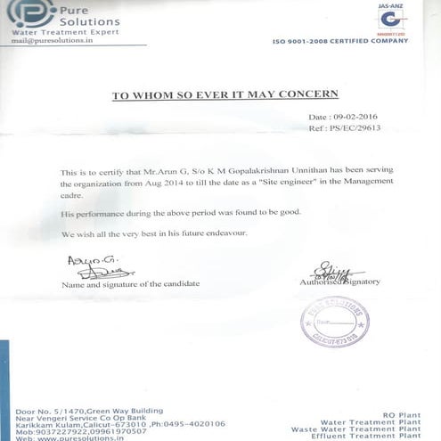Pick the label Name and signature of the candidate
(130, 283)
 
